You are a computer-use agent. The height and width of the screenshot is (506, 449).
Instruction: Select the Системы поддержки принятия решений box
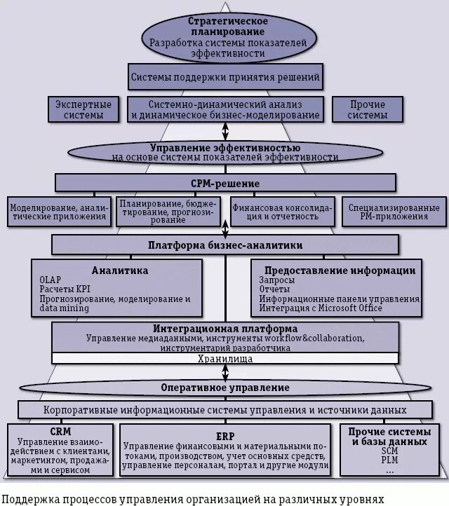click(225, 77)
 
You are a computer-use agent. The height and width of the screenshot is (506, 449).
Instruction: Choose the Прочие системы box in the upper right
click(368, 109)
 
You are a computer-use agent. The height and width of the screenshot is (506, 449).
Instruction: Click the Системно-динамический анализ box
click(225, 109)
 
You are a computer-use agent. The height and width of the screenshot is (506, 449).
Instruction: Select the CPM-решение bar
click(225, 184)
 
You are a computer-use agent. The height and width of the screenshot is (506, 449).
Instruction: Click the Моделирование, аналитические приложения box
click(60, 212)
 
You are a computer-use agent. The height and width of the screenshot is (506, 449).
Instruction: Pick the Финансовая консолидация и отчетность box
click(283, 212)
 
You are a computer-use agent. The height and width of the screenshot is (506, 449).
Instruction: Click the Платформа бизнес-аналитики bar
click(225, 245)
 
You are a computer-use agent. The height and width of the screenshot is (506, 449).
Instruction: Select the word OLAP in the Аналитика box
click(51, 280)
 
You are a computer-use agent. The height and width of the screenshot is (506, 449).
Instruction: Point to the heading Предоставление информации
click(340, 270)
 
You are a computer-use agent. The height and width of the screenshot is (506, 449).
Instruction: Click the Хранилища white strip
click(225, 359)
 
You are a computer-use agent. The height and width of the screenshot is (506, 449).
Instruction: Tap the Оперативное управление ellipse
click(225, 387)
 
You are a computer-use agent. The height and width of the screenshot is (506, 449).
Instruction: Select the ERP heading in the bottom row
click(224, 435)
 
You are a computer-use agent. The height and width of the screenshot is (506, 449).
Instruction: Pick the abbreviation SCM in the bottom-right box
click(389, 451)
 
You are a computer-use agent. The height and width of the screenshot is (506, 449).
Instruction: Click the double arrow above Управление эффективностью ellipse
click(225, 131)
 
